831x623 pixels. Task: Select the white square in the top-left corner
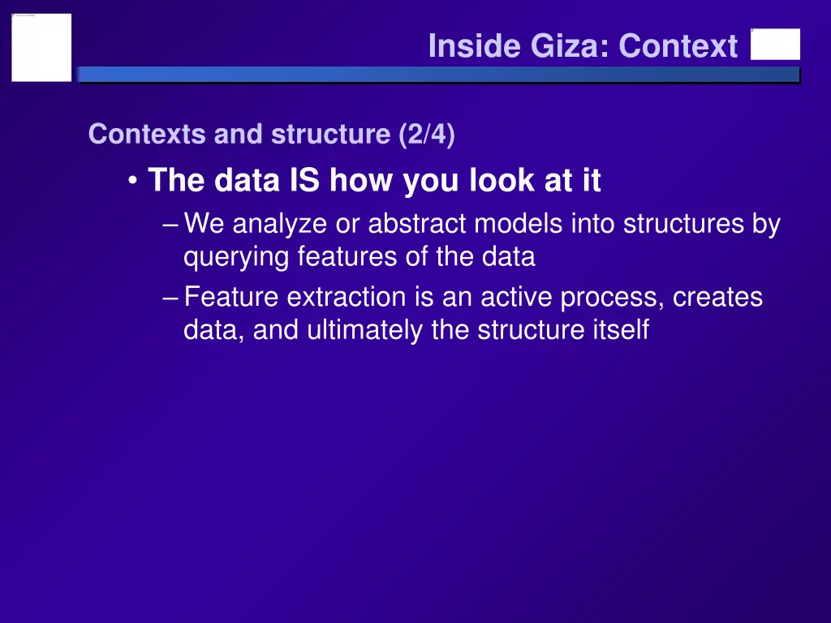[41, 47]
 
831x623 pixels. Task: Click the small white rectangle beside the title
[775, 45]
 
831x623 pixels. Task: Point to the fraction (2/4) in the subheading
[427, 134]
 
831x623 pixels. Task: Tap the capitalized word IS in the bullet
[305, 180]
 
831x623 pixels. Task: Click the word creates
[717, 298]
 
